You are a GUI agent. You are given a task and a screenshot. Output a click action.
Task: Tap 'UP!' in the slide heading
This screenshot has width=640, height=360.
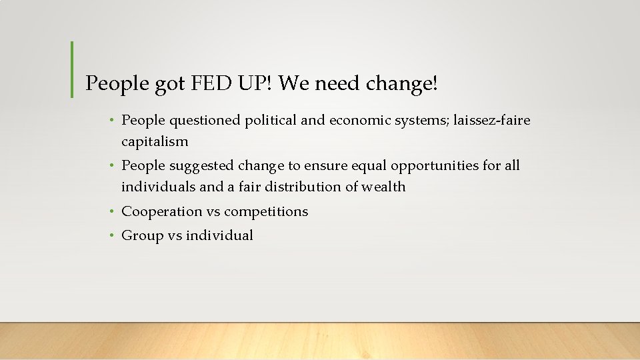(255, 83)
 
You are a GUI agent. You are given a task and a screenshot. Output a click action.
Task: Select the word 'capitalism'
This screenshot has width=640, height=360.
(155, 141)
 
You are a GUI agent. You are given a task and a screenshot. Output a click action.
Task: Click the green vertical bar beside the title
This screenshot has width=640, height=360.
(72, 70)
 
